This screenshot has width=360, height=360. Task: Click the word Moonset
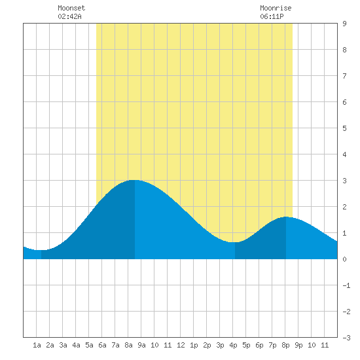(71, 8)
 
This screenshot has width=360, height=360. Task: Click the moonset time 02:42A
(69, 16)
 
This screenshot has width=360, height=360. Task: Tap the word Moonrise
(276, 8)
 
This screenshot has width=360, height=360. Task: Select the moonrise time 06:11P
(272, 16)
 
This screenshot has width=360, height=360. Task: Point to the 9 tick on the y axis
(344, 24)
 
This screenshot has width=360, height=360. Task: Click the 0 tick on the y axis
(344, 259)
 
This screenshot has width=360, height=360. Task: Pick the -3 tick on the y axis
(346, 338)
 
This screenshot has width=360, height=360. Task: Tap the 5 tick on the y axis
(344, 128)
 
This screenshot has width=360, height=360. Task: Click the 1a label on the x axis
(37, 345)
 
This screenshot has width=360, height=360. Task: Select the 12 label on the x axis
(181, 345)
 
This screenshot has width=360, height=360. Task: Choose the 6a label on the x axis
(102, 345)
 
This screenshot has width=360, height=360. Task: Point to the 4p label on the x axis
(233, 345)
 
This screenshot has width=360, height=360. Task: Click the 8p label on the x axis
(285, 345)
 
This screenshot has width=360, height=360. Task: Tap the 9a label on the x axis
(141, 345)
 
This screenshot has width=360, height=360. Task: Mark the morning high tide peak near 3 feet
(135, 180)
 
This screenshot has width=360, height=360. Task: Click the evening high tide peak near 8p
(286, 217)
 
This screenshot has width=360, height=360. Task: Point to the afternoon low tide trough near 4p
(235, 242)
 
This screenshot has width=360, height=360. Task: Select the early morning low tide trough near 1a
(41, 250)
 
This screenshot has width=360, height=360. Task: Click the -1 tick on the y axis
(346, 285)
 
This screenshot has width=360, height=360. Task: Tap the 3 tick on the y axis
(344, 181)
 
